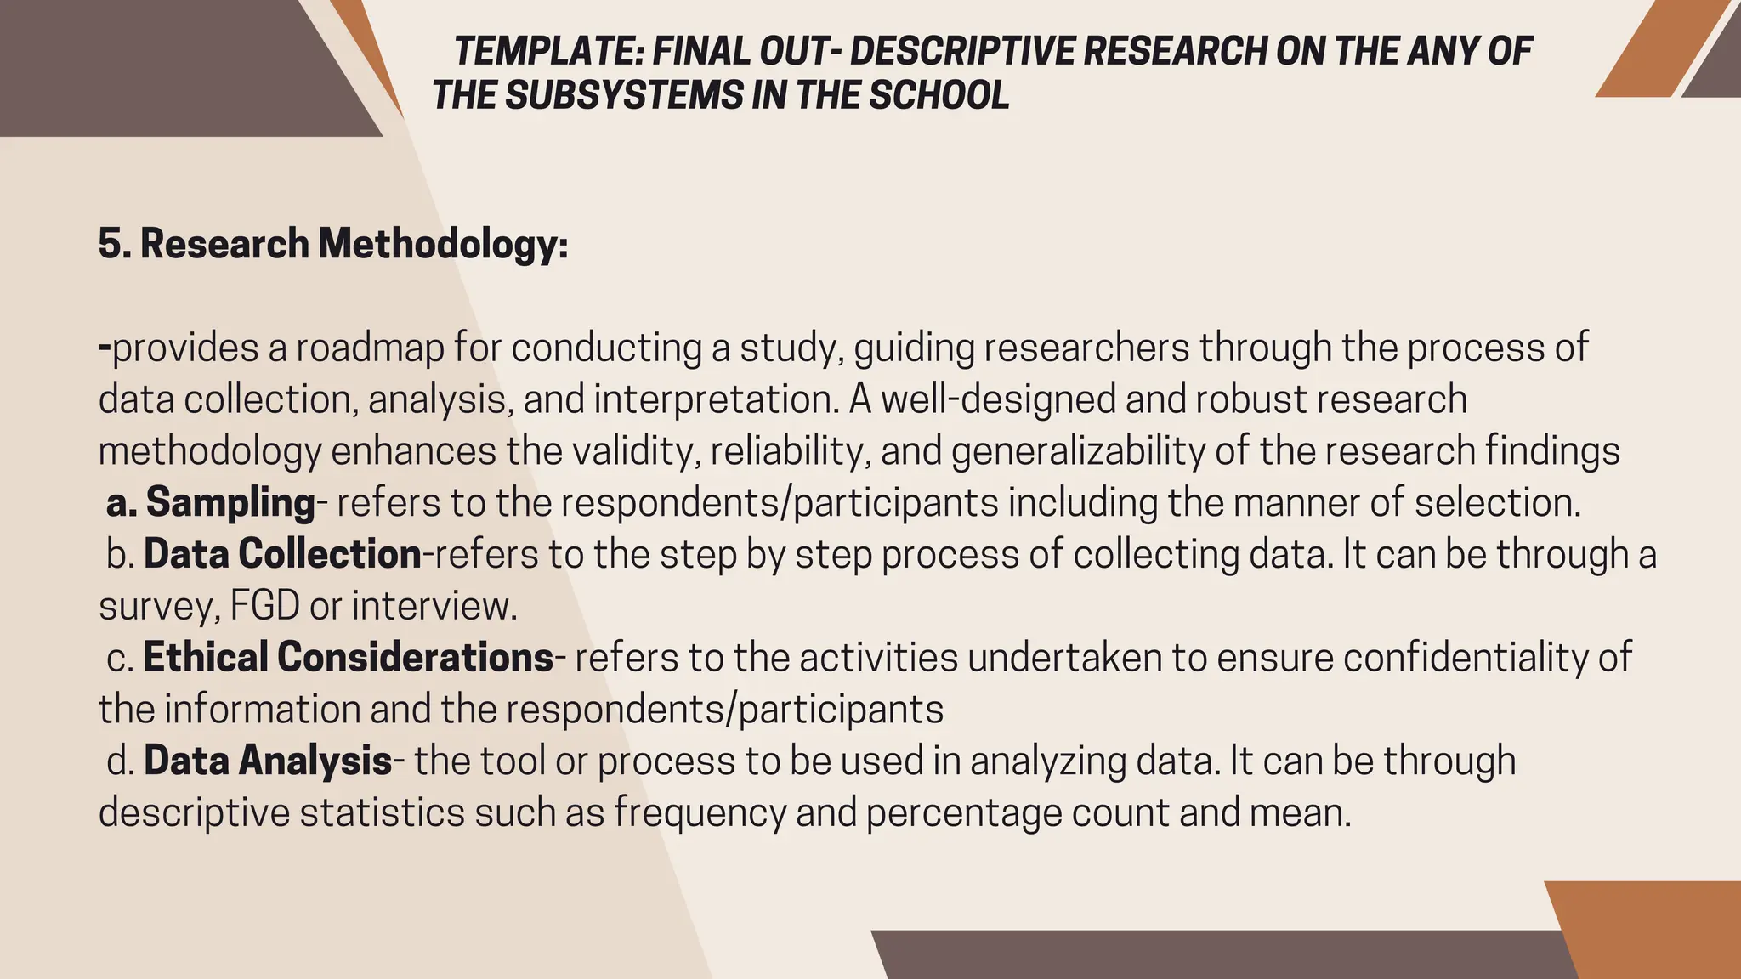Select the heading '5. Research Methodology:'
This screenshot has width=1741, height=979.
pos(333,244)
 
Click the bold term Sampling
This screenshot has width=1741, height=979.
pos(230,502)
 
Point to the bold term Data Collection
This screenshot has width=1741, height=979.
pos(282,554)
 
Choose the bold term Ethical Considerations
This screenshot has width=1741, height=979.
pos(349,658)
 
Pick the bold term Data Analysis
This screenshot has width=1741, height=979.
pos(268,761)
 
